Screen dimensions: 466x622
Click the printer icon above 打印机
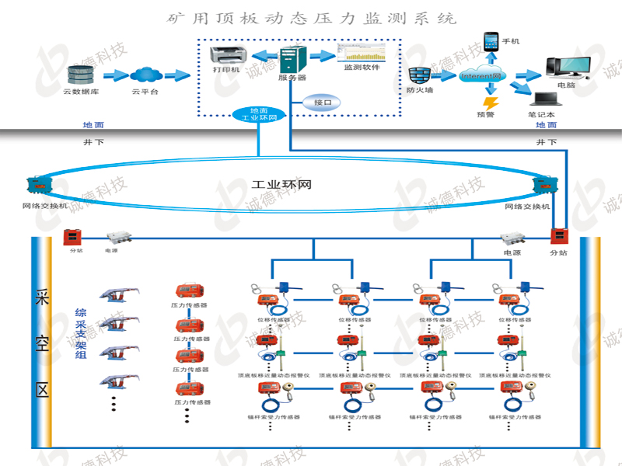[229, 54]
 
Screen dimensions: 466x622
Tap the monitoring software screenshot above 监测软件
[361, 53]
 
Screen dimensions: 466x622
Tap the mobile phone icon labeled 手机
[491, 40]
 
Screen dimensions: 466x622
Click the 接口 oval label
[322, 103]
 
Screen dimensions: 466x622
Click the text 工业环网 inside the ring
[282, 186]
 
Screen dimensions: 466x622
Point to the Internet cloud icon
[483, 75]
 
